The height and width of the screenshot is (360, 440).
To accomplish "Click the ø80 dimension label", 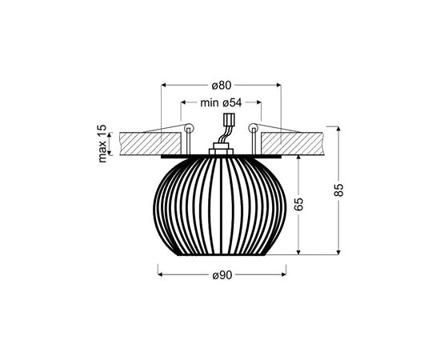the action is pos(222,85).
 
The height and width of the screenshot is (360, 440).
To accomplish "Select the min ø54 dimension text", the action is pos(221,102).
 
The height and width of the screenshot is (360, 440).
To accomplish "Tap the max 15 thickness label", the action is pos(102,144).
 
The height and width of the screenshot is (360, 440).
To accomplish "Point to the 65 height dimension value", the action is pos(299,204).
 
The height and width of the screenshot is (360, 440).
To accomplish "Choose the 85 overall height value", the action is pos(339,190).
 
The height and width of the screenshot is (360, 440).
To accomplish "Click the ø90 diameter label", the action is pos(222,275).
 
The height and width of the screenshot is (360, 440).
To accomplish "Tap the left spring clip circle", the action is pos(189,129).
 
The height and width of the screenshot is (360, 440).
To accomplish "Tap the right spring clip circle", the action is pos(254,129).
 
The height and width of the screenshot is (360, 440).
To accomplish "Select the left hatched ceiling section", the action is pos(150,143).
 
